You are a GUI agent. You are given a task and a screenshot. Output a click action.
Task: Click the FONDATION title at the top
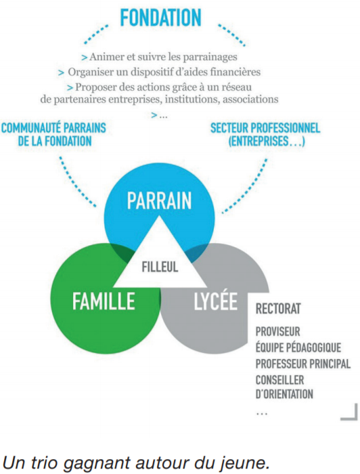(x=160, y=18)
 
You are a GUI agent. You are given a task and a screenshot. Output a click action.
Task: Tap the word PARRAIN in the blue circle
(x=159, y=200)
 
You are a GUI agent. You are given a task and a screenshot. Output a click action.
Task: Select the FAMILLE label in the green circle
(x=104, y=301)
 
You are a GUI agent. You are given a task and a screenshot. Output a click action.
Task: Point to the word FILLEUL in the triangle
(x=160, y=267)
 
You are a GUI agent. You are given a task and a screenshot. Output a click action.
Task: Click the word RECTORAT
(x=278, y=309)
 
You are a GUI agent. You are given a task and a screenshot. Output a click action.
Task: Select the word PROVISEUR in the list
(x=278, y=332)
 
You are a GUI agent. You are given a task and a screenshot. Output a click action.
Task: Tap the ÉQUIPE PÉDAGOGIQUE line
(x=298, y=347)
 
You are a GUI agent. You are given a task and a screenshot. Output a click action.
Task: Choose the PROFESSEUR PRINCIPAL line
(x=303, y=364)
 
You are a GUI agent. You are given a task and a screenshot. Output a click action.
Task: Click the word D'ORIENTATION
(x=284, y=394)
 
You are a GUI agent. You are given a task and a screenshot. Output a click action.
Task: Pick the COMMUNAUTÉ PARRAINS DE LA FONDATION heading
(x=53, y=134)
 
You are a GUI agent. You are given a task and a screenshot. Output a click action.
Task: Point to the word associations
(x=250, y=99)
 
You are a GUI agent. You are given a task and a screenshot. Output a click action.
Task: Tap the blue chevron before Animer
(x=85, y=57)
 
